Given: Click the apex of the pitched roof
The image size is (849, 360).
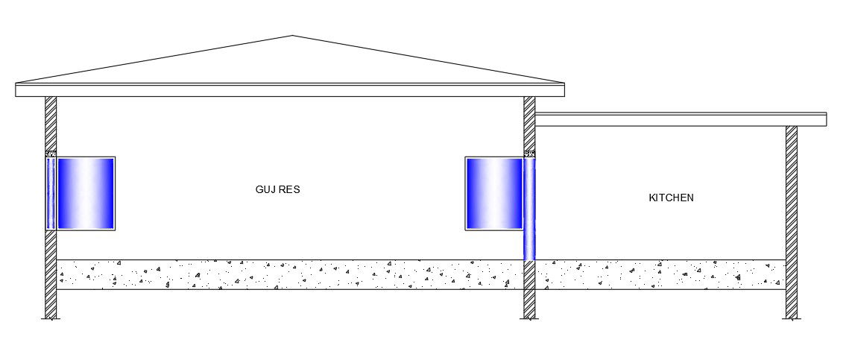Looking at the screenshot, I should (x=292, y=36).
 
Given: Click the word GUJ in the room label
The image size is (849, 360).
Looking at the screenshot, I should (x=264, y=190).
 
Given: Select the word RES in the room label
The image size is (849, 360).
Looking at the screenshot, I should (x=289, y=190).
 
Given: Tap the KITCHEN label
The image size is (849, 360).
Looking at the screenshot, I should (x=671, y=198).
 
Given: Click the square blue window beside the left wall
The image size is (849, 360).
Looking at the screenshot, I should (x=86, y=193).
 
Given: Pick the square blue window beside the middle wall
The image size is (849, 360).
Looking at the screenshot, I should (x=493, y=193).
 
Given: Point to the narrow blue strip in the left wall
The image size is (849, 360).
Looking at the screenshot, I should (x=51, y=193).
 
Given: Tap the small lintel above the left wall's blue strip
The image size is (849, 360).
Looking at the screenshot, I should (x=51, y=154).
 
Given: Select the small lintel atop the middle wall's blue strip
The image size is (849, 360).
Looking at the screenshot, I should (x=529, y=154).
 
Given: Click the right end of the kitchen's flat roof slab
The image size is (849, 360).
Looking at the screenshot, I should (x=825, y=119).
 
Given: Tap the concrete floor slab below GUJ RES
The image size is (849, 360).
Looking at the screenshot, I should (x=291, y=274).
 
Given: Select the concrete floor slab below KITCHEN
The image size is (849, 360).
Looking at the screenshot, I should (x=660, y=274).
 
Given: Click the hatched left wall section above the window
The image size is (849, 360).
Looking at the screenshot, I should (x=51, y=123).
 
